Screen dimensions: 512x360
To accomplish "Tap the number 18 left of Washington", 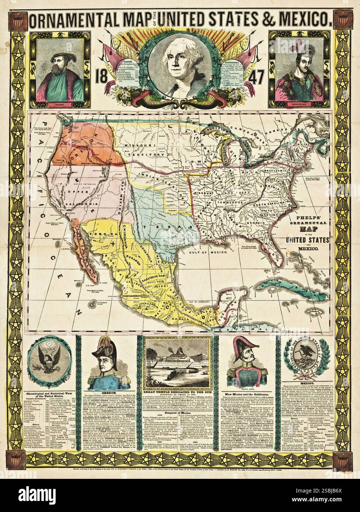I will (x=100, y=78).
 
